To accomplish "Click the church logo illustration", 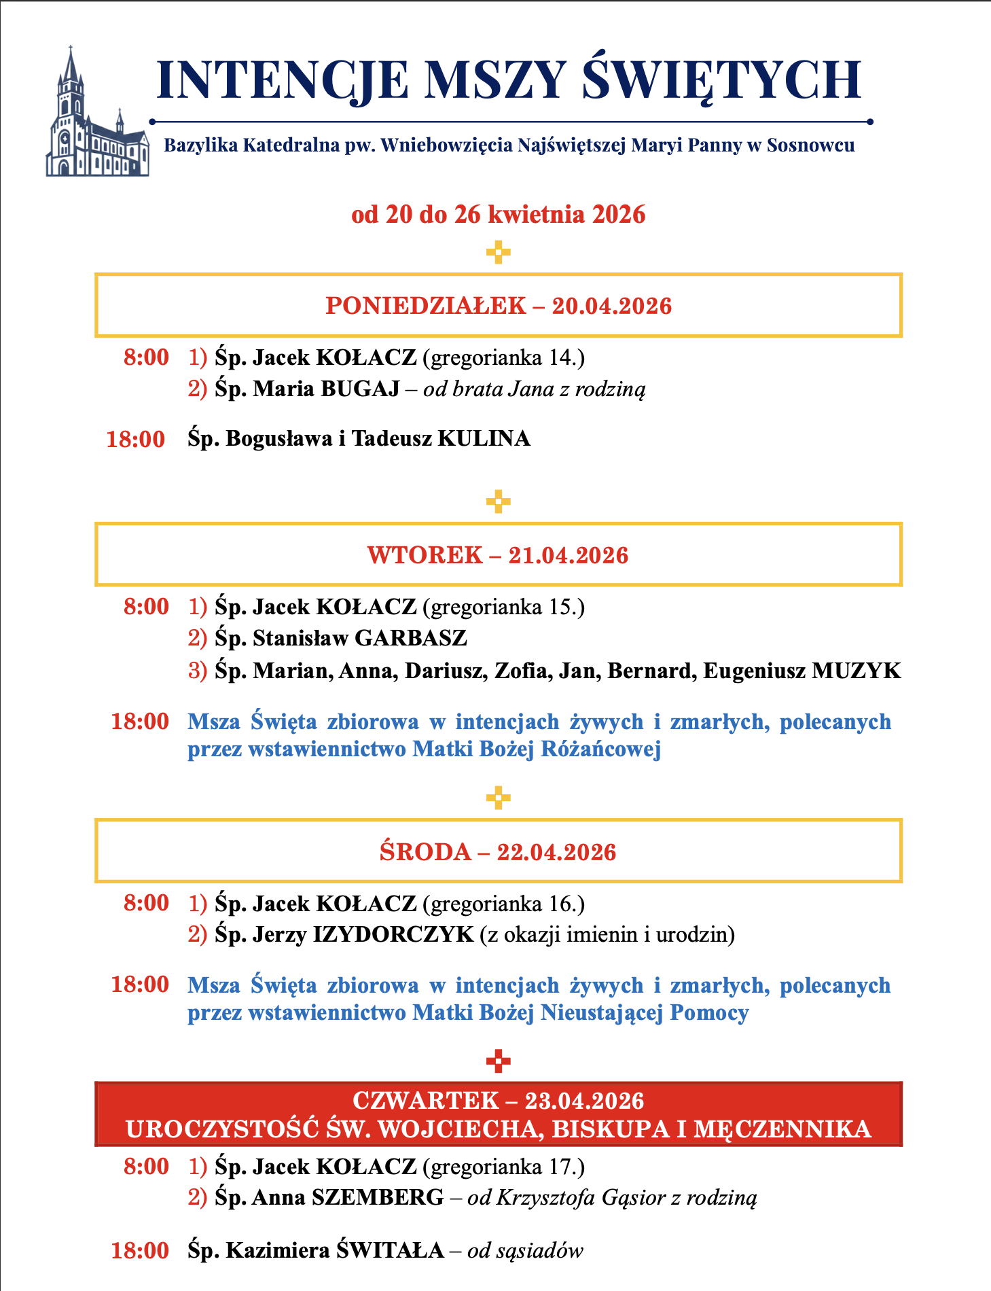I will (97, 116).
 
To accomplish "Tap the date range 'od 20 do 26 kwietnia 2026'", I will (498, 215).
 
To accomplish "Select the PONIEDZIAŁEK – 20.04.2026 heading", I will (498, 306).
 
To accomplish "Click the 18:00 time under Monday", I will (136, 440).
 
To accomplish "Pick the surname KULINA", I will (484, 439).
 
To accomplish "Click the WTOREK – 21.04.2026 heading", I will (498, 555).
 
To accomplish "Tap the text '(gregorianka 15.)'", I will (503, 606).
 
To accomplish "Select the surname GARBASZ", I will (411, 638).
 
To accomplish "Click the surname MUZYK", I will (857, 671).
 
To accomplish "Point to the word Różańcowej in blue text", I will (600, 749).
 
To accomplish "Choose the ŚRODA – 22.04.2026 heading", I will (498, 851).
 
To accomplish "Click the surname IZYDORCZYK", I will (393, 935).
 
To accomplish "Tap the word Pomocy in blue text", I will (709, 1013).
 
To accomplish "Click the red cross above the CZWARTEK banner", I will (498, 1061).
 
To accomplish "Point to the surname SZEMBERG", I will (378, 1197).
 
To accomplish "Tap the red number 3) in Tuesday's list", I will (197, 671).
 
